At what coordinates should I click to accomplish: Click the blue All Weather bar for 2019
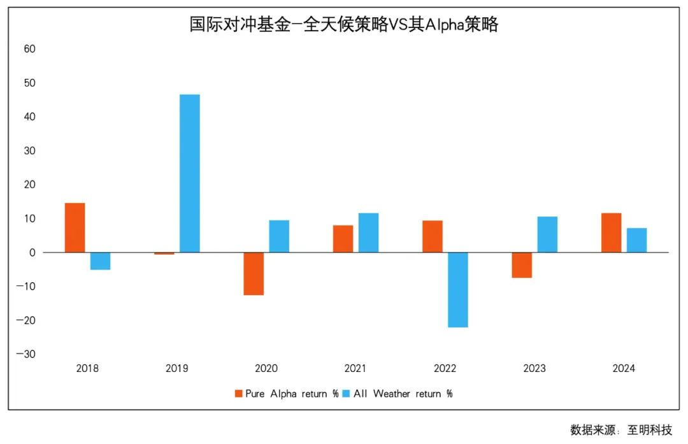pyautogui.click(x=189, y=173)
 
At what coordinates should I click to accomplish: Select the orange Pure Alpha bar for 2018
pyautogui.click(x=75, y=227)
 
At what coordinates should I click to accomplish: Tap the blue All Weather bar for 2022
pyautogui.click(x=457, y=290)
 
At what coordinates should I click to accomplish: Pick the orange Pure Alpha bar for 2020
pyautogui.click(x=254, y=274)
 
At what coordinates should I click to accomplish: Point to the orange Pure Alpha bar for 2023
pyautogui.click(x=522, y=265)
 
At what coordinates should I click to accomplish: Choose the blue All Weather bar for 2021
pyautogui.click(x=368, y=233)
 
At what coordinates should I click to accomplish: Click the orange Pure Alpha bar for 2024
pyautogui.click(x=611, y=233)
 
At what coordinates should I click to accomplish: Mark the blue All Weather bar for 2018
pyautogui.click(x=100, y=261)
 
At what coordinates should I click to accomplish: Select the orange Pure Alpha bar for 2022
pyautogui.click(x=432, y=236)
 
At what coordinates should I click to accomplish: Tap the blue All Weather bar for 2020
pyautogui.click(x=279, y=236)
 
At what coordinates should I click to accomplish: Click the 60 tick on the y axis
pyautogui.click(x=29, y=49)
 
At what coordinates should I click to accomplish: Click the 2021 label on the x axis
pyautogui.click(x=355, y=368)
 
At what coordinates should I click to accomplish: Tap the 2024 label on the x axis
pyautogui.click(x=624, y=368)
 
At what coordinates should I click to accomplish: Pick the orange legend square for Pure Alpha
pyautogui.click(x=239, y=394)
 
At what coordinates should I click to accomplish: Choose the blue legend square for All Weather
pyautogui.click(x=347, y=394)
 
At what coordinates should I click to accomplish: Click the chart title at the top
pyautogui.click(x=344, y=24)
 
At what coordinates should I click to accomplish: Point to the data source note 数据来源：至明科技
pyautogui.click(x=620, y=430)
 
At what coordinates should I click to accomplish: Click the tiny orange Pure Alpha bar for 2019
pyautogui.click(x=164, y=254)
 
